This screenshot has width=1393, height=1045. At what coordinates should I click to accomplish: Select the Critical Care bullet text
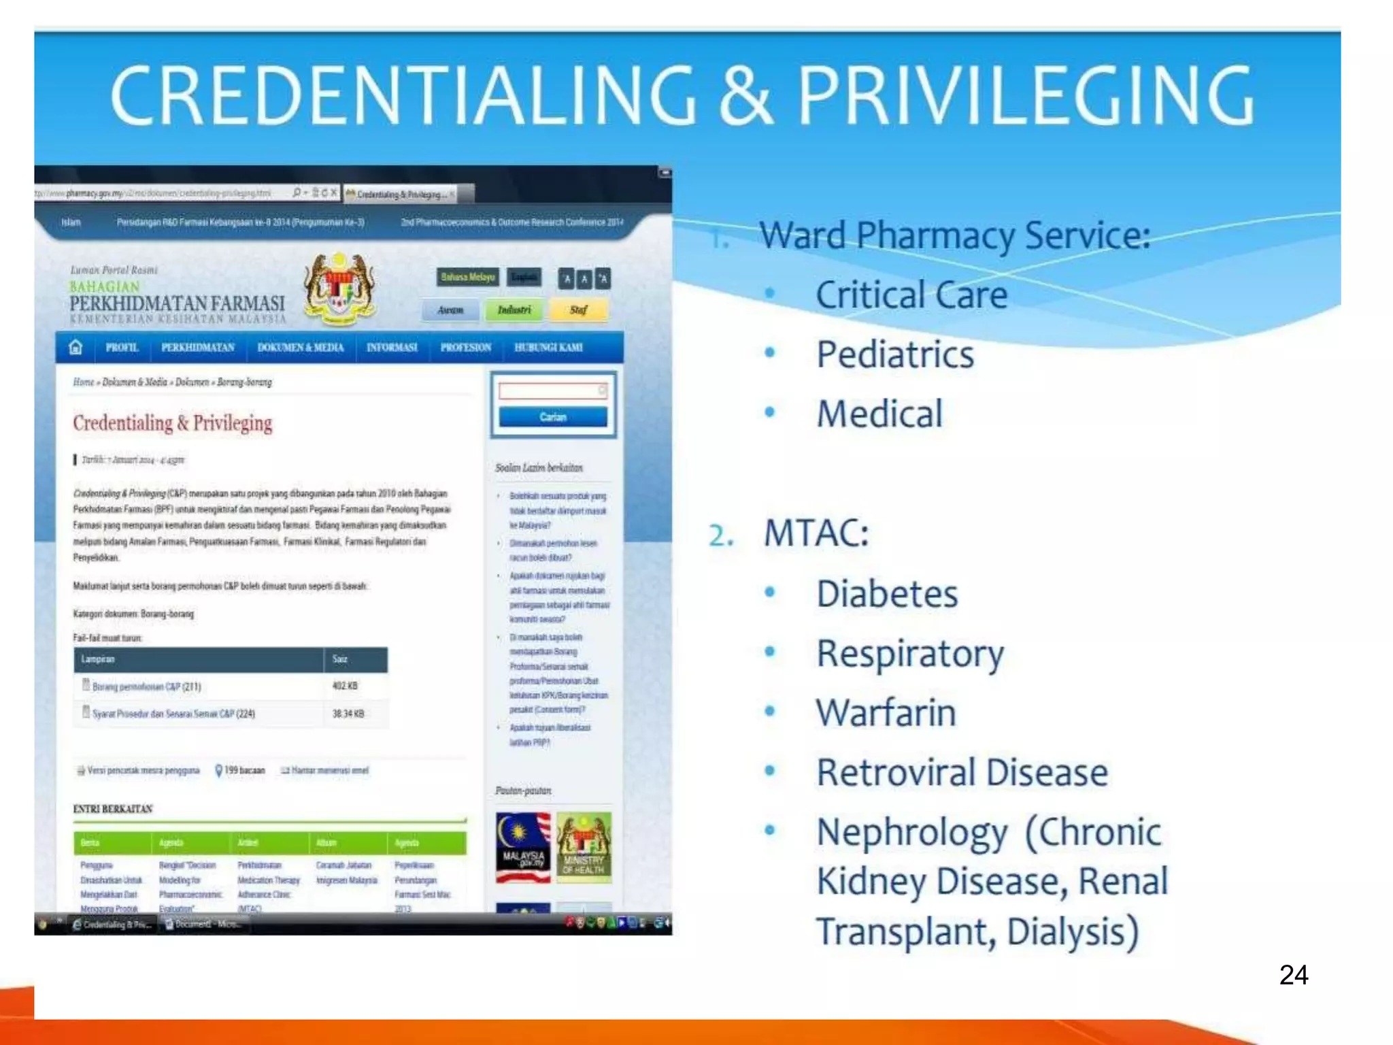[x=911, y=295]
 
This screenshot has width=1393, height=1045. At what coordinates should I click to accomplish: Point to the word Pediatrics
[x=895, y=354]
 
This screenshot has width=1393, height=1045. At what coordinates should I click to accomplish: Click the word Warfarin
[x=886, y=713]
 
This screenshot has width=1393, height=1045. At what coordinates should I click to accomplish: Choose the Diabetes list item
[x=887, y=594]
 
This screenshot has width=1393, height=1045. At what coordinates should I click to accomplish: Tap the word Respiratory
[x=910, y=654]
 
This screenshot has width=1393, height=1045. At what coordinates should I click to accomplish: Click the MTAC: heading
[x=816, y=533]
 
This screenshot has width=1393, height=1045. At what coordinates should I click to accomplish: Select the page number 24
[x=1293, y=975]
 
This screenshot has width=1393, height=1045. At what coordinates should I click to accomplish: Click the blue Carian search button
[x=552, y=417]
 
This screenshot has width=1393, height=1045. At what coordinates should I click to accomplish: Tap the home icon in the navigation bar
[x=75, y=348]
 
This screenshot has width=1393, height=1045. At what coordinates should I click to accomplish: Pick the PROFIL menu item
[x=122, y=348]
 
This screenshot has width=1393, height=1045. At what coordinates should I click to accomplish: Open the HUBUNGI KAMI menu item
[x=548, y=348]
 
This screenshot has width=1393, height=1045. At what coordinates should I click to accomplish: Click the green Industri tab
[x=514, y=310]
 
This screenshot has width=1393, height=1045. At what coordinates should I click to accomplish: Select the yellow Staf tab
[x=578, y=310]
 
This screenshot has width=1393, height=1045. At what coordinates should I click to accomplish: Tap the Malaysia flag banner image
[x=523, y=848]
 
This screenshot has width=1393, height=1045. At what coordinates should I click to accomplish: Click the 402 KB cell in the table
[x=345, y=686]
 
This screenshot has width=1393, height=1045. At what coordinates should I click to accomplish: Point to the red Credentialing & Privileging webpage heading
[x=173, y=423]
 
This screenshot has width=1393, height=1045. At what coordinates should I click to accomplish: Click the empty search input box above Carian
[x=551, y=391]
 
